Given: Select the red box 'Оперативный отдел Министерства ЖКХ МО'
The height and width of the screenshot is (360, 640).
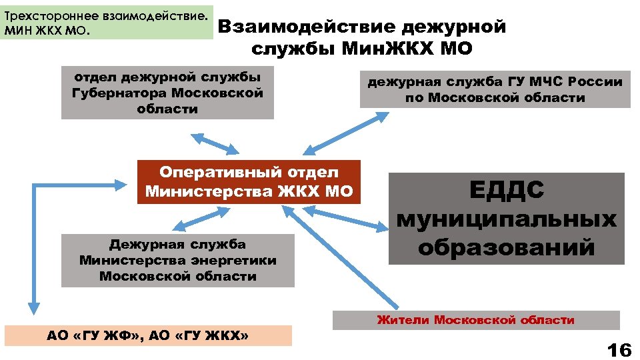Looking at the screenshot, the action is pos(249,182).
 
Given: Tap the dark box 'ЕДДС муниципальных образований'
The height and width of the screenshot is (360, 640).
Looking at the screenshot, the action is pos(506,219).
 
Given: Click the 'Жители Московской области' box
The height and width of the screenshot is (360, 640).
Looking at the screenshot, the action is pos(475,320).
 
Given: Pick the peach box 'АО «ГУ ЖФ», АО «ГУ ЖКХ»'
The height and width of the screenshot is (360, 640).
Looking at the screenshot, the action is pos(148,335).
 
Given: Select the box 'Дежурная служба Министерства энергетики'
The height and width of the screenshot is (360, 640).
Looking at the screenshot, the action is pos(177,260).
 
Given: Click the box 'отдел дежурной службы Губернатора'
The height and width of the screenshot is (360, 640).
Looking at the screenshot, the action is pos(167,92).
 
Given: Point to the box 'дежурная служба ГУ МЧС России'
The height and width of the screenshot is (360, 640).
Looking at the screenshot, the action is pos(495,89).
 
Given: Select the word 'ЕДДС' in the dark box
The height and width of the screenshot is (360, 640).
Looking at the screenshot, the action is pos(507,190).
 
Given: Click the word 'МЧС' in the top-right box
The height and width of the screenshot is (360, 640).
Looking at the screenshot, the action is pos(548,81).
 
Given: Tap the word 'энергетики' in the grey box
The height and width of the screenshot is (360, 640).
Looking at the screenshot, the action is pos(238,260).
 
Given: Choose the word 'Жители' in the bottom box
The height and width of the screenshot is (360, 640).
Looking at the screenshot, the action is pos(403,320).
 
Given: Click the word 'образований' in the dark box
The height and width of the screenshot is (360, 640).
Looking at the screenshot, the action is pos(506,247).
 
